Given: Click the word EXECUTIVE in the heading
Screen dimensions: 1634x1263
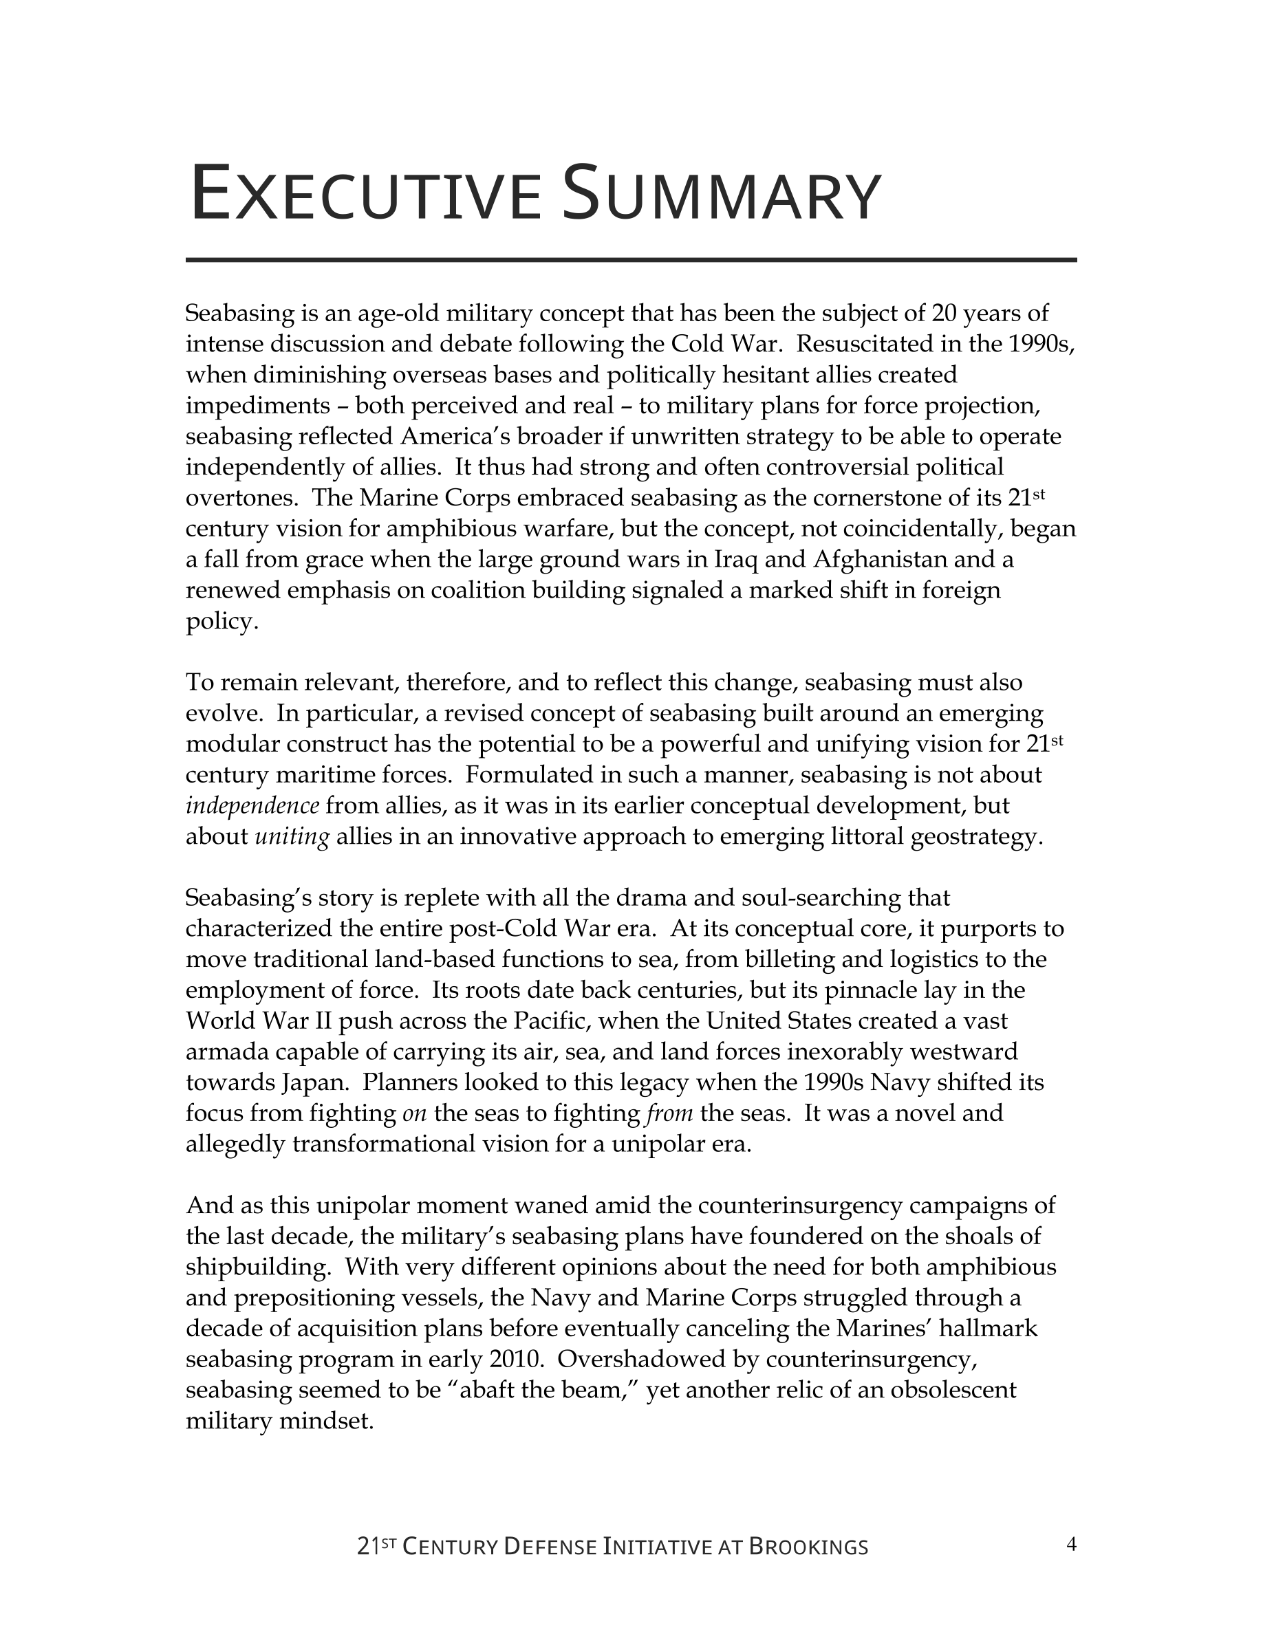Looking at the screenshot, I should coord(365,195).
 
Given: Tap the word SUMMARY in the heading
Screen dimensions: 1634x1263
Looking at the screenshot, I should coord(722,195).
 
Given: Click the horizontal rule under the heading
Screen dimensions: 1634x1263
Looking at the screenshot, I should coord(631,260).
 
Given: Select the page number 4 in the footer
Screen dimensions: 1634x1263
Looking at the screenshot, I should coord(1070,1544).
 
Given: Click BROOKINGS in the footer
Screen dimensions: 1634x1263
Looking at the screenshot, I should coord(808,1547).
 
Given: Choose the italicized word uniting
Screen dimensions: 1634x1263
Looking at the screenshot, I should coord(292,836).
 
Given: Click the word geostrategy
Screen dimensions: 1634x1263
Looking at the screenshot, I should coord(975,836).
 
